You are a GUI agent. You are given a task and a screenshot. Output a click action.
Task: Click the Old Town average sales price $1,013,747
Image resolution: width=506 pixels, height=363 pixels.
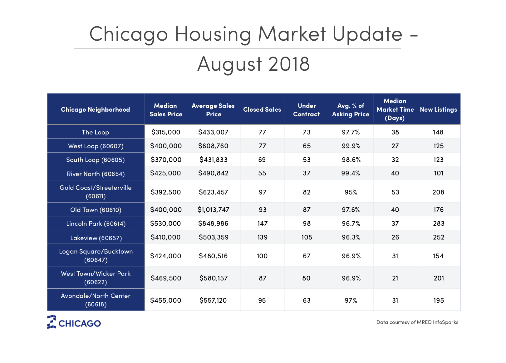click(214, 210)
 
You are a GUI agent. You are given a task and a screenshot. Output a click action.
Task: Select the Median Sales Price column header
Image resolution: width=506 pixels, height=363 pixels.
click(166, 110)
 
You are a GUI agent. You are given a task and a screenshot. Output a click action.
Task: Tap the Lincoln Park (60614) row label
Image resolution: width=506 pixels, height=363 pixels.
click(96, 224)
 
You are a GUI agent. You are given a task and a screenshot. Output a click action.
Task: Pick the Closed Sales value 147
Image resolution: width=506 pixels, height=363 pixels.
click(263, 224)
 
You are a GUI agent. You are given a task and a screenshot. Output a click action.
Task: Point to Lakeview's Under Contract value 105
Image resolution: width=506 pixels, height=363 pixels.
click(307, 237)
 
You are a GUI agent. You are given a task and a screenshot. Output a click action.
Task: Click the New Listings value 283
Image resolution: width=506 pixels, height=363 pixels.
click(439, 224)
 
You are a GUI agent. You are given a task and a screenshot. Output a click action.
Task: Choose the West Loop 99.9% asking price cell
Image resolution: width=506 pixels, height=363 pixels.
click(351, 146)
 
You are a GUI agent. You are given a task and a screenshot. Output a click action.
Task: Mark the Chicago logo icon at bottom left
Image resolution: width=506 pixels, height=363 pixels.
click(52, 322)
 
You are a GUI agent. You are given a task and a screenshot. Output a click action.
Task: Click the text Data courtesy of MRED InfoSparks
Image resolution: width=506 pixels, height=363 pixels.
click(417, 322)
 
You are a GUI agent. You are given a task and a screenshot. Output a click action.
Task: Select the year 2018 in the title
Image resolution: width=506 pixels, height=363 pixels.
click(289, 64)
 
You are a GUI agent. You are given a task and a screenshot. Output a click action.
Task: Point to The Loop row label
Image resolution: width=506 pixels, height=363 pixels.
click(96, 132)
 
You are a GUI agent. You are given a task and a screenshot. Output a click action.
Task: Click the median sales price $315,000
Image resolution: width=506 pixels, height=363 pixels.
click(166, 132)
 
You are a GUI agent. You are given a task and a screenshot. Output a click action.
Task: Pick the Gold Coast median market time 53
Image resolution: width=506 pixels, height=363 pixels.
click(395, 192)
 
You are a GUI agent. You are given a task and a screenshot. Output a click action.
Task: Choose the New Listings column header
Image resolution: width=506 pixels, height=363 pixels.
click(438, 110)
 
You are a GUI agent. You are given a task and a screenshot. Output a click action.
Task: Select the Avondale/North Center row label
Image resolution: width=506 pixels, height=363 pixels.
click(96, 300)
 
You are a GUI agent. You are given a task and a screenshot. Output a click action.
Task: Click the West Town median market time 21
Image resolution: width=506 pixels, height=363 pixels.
click(395, 278)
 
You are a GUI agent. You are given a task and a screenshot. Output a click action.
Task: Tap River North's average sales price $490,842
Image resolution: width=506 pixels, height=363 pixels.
click(214, 173)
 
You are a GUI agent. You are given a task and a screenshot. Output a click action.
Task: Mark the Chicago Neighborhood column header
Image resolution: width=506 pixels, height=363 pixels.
click(96, 110)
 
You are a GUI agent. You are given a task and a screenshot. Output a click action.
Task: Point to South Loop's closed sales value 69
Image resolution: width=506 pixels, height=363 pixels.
click(262, 160)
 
